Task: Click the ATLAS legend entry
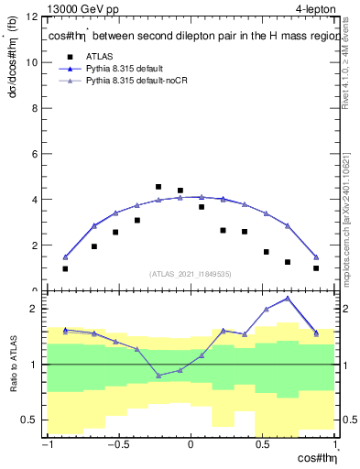pos(98,55)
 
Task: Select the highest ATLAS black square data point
pos(158,187)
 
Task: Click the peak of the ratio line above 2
pos(288,298)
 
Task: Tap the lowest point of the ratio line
pos(158,376)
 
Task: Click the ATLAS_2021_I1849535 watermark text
pos(191,273)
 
